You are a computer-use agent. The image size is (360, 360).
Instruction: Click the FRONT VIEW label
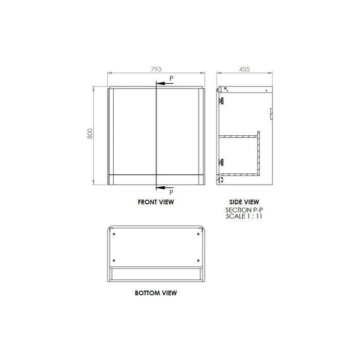[156, 202]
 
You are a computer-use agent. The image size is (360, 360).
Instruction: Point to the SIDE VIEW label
[244, 202]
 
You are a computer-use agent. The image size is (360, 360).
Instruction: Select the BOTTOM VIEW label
[156, 293]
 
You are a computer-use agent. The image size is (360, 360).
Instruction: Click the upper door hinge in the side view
[222, 100]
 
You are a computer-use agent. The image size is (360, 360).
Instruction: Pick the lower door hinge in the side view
[222, 161]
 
